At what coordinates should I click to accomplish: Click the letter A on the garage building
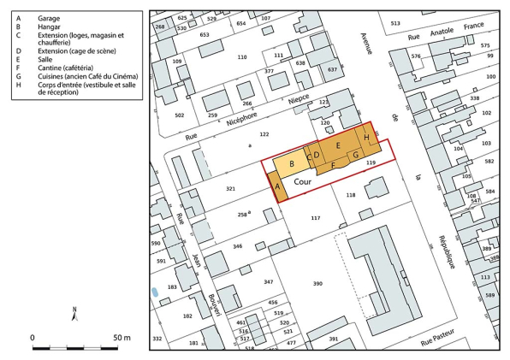click(277, 186)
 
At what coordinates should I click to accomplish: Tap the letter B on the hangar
click(292, 164)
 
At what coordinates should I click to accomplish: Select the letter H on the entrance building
click(366, 138)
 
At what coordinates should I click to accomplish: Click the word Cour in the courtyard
click(303, 182)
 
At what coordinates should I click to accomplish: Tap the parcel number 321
click(230, 187)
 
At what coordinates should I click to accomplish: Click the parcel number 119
click(371, 162)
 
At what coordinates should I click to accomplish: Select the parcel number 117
click(315, 219)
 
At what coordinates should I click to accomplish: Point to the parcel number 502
click(179, 115)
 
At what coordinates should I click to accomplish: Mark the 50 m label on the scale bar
click(121, 339)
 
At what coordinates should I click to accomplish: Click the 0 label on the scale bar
click(33, 339)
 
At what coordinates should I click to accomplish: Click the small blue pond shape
click(154, 292)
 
